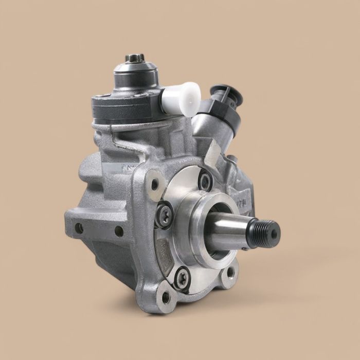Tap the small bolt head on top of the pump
tap(135, 58)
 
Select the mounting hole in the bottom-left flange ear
tap(166, 297)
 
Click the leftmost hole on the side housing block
tap(79, 226)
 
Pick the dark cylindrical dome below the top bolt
tap(135, 77)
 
